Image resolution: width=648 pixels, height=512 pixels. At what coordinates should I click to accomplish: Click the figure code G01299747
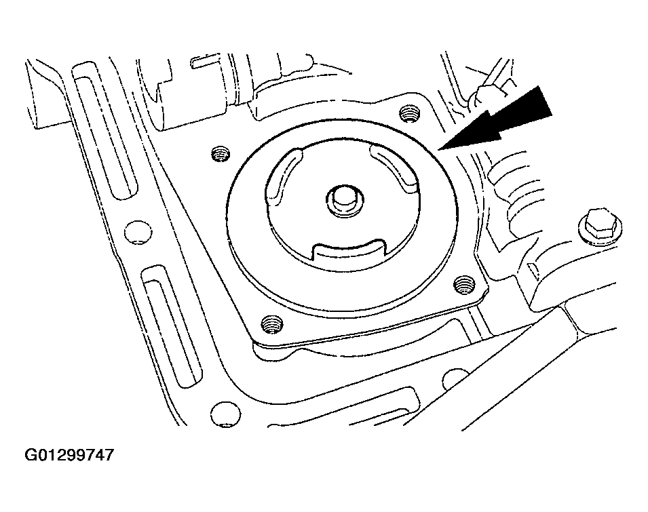(69, 455)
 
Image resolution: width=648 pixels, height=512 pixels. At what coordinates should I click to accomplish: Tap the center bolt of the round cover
(343, 200)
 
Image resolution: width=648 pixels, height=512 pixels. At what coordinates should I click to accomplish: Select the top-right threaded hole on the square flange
(410, 113)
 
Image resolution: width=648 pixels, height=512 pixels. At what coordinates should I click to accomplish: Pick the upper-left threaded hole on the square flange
(220, 154)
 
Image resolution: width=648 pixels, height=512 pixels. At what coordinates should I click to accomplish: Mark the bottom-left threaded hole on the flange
(271, 323)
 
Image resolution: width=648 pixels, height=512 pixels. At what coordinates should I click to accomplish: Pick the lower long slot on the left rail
(172, 326)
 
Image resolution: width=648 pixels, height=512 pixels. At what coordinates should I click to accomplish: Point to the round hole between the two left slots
(138, 232)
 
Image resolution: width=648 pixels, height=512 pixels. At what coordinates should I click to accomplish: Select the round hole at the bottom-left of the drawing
(225, 414)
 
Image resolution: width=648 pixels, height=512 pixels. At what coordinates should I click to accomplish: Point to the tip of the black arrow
(439, 149)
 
